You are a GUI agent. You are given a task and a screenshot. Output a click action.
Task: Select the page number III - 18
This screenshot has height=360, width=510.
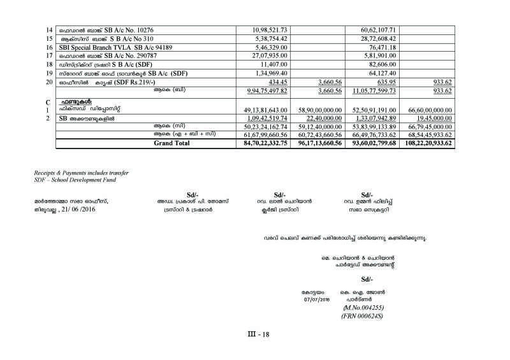click(260, 335)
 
